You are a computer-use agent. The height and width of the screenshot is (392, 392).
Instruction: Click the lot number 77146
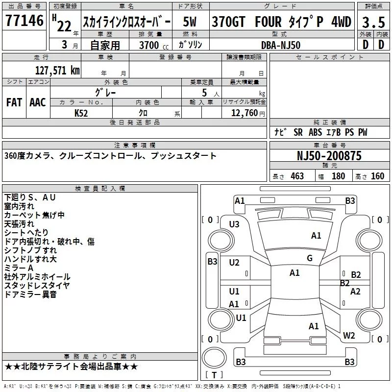24,21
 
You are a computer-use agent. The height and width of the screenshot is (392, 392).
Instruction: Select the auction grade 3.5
373,22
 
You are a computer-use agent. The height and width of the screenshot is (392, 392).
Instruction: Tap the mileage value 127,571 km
57,71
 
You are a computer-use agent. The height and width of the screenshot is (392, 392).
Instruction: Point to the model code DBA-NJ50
281,45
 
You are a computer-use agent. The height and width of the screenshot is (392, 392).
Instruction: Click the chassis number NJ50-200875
329,156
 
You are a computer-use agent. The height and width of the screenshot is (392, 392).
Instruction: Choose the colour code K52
81,113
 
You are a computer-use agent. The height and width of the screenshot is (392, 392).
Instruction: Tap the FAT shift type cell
14,102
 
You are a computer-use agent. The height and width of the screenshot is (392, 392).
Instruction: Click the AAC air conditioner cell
38,102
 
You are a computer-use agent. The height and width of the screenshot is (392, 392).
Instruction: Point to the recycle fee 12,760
244,113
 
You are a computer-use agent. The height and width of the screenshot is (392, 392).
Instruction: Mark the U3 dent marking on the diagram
234,224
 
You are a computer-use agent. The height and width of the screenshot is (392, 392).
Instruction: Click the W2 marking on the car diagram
349,335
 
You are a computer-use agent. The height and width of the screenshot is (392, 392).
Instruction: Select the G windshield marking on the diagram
310,258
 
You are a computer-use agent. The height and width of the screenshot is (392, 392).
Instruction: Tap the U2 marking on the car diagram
234,262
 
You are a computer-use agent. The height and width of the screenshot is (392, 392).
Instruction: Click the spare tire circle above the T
214,358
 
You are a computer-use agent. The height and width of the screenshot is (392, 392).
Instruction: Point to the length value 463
297,176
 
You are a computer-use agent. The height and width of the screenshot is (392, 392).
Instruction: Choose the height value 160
377,176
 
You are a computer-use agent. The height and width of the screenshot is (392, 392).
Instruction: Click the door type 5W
190,22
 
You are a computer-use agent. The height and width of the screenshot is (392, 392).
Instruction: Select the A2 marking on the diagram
355,291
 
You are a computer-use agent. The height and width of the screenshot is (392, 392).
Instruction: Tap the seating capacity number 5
204,93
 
